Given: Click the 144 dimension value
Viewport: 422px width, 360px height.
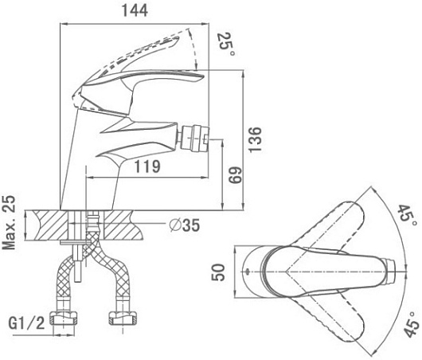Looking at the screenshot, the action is pyautogui.click(x=135, y=11).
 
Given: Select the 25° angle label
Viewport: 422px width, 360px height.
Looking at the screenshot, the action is pyautogui.click(x=226, y=45).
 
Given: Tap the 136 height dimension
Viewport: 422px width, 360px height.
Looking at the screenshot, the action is pyautogui.click(x=255, y=139).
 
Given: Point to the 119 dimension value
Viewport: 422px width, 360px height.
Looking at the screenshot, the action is pyautogui.click(x=147, y=166).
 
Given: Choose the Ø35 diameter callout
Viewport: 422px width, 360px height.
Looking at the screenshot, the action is pyautogui.click(x=185, y=225).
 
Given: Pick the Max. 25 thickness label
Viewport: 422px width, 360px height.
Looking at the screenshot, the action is pyautogui.click(x=9, y=222).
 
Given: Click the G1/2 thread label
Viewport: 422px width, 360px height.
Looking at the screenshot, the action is pyautogui.click(x=26, y=323).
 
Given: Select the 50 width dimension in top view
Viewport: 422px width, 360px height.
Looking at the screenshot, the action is pyautogui.click(x=218, y=272).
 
